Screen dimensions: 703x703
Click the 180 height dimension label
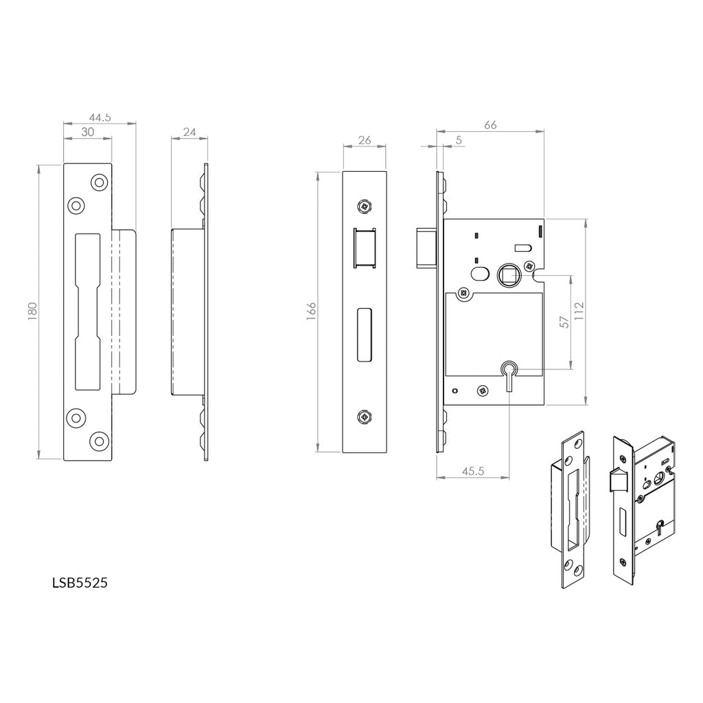click(x=32, y=310)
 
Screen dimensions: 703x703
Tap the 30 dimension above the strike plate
click(x=87, y=132)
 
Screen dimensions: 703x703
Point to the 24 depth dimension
click(x=189, y=132)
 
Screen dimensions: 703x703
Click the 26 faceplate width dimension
click(x=365, y=140)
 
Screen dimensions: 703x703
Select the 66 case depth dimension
click(x=490, y=124)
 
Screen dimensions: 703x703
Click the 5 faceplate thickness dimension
click(x=458, y=140)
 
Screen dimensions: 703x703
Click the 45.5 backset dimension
click(x=472, y=471)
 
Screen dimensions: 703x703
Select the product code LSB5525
click(x=80, y=583)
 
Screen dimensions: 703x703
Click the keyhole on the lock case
click(x=509, y=371)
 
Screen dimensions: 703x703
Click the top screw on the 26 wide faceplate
click(x=364, y=205)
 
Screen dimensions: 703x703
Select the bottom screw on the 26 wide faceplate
click(x=364, y=416)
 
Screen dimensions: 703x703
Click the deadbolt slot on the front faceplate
click(x=364, y=334)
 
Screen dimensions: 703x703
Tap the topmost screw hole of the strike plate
click(x=100, y=183)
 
